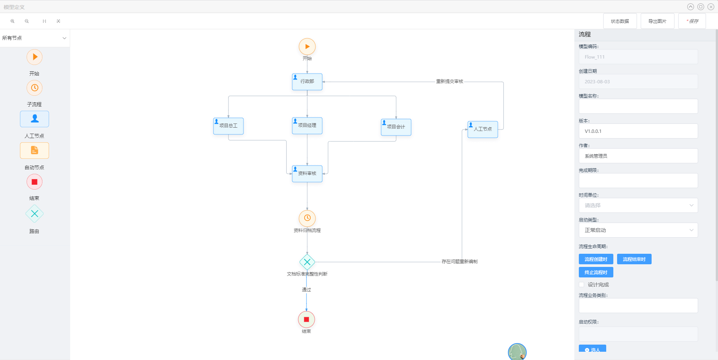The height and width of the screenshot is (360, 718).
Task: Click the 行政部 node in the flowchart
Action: point(307,82)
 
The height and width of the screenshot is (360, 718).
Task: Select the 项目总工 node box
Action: point(228,126)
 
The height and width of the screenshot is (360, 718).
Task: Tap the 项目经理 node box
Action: point(307,126)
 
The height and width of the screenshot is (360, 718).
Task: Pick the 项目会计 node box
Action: point(396,127)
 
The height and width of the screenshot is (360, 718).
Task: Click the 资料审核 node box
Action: point(307,174)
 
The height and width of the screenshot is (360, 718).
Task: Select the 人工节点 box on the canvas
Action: point(483,130)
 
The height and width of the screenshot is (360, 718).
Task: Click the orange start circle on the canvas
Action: point(307,47)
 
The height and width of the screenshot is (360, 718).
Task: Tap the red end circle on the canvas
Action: point(306,319)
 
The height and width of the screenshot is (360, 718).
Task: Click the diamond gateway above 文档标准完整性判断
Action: point(307,262)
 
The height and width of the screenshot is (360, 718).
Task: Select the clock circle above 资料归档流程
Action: point(307,218)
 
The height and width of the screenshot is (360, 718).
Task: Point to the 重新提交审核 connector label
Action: point(449,81)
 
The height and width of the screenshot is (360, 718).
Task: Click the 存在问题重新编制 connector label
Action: point(459,262)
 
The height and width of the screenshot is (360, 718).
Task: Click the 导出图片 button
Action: point(657,21)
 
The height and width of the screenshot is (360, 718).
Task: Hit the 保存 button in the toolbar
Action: point(692,21)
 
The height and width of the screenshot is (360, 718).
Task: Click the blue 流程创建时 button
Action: point(596,259)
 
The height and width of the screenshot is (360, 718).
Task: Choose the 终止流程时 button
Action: point(596,272)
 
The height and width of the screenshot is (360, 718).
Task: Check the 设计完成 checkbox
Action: point(581,285)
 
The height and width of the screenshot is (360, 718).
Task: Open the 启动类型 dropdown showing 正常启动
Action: point(638,230)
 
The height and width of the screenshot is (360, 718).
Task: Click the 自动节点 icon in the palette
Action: point(35,151)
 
